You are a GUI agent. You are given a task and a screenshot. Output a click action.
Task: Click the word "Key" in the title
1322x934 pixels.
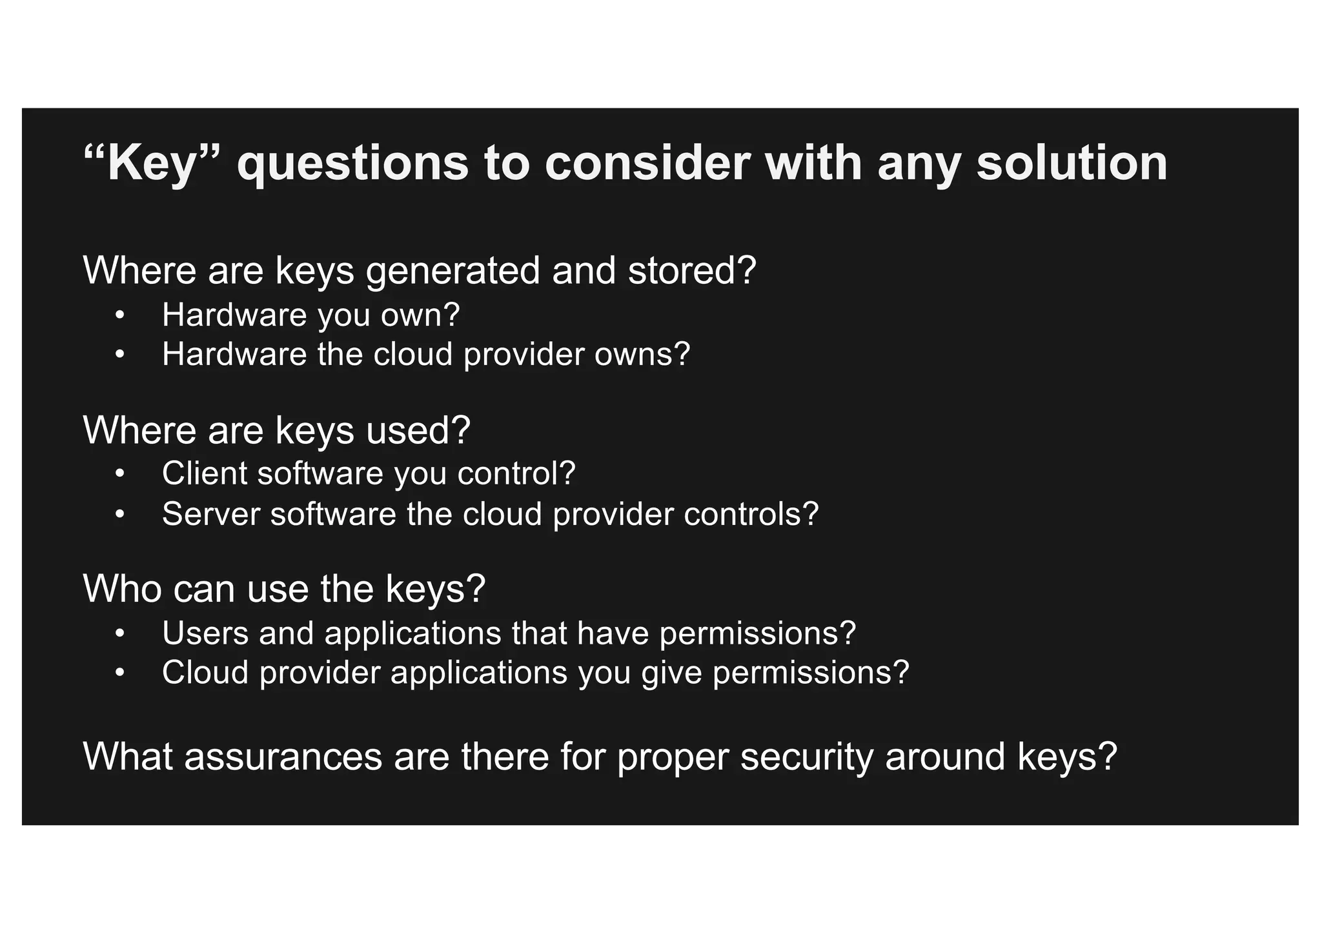(x=152, y=163)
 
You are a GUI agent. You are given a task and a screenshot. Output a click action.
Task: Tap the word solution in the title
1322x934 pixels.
(x=1072, y=163)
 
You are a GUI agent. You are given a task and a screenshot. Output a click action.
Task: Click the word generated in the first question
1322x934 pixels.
(x=453, y=270)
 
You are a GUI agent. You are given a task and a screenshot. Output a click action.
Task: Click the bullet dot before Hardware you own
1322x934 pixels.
(x=119, y=316)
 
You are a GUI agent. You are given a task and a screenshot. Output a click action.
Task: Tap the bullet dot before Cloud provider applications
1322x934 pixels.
(x=119, y=673)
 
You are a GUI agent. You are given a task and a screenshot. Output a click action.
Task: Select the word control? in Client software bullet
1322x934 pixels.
(x=516, y=473)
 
